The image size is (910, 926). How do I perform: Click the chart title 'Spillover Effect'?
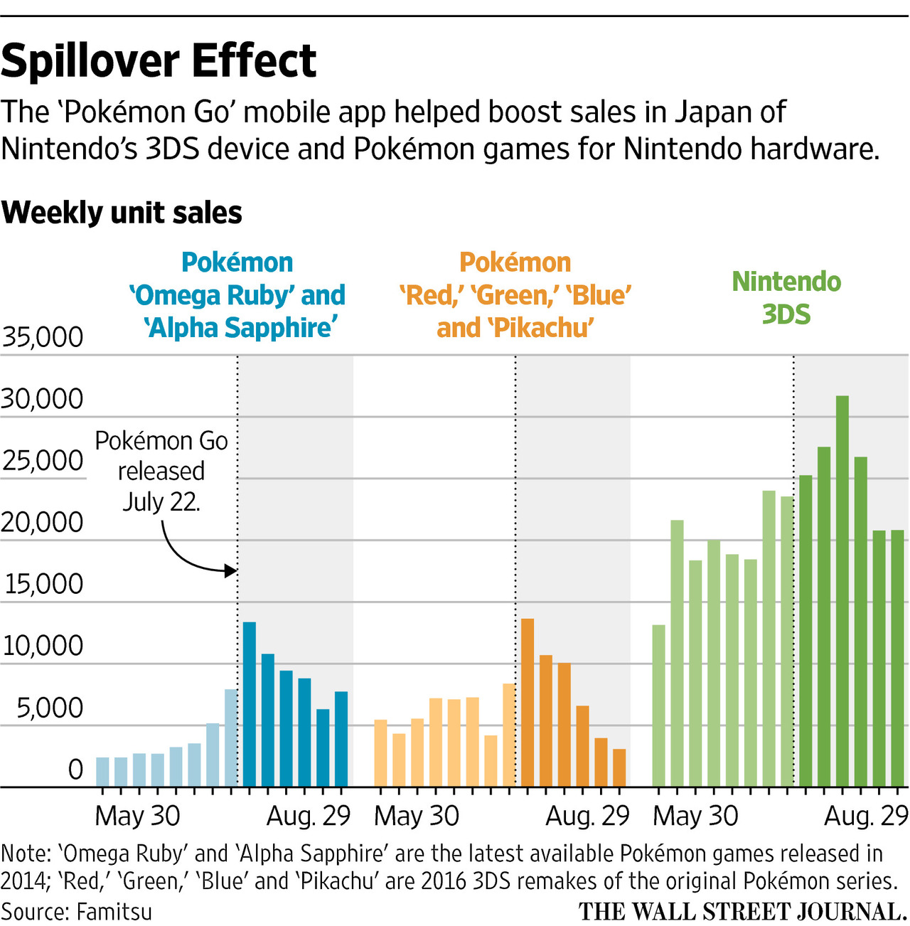click(159, 61)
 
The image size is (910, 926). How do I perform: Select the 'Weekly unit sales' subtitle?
click(122, 213)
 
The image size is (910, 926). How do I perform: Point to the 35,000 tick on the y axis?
click(43, 337)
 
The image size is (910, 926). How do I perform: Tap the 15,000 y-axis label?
click(43, 584)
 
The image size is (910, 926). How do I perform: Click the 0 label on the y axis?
click(75, 770)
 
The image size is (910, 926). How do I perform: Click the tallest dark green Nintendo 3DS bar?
click(842, 590)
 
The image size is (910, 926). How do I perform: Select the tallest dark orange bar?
click(528, 703)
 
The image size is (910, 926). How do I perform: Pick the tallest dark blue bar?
click(250, 704)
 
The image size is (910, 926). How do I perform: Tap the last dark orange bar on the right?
click(619, 768)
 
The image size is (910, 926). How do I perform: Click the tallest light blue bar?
click(231, 738)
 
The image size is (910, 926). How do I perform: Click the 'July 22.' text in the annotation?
click(161, 502)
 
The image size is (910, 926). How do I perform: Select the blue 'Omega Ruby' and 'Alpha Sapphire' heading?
click(237, 295)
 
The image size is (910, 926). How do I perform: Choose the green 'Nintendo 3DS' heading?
click(786, 298)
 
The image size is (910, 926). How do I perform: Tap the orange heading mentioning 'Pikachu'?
click(515, 295)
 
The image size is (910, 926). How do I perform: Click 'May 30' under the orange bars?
click(417, 816)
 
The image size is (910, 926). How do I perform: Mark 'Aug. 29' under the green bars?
click(866, 816)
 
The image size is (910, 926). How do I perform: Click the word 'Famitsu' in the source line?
click(114, 911)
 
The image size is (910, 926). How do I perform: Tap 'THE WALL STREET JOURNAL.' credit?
click(742, 912)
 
